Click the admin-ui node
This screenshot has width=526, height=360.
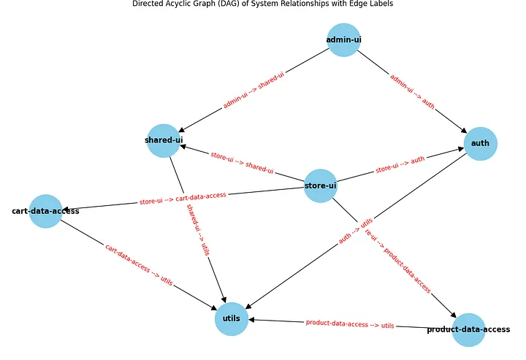click(x=343, y=39)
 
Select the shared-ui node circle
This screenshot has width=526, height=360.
click(x=163, y=140)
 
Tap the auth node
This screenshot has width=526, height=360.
click(x=480, y=143)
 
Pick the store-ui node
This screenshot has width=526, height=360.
click(x=320, y=185)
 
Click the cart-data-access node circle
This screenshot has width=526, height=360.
click(x=45, y=211)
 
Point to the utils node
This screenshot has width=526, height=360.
click(x=232, y=319)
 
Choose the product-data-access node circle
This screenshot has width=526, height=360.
click(x=468, y=329)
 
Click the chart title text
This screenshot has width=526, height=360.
click(x=263, y=4)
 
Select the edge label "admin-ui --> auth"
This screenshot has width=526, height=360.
click(x=412, y=91)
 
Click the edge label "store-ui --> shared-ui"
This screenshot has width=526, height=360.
click(x=242, y=163)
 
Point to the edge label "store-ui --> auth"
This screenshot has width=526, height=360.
click(x=400, y=165)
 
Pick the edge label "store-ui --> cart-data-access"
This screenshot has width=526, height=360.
click(x=183, y=198)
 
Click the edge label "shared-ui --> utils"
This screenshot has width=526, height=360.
click(x=197, y=228)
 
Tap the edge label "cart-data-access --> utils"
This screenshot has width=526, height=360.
click(x=139, y=265)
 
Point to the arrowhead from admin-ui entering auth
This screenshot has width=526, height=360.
click(x=465, y=130)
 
